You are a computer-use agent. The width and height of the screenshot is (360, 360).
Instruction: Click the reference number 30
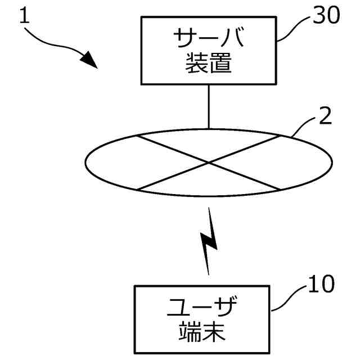[327, 16]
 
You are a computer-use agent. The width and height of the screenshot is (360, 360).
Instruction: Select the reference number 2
[326, 117]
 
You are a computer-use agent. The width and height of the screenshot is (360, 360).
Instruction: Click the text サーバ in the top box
[209, 40]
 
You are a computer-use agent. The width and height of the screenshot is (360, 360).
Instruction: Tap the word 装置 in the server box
[209, 65]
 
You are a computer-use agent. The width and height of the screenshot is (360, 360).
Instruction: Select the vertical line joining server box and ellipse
[209, 107]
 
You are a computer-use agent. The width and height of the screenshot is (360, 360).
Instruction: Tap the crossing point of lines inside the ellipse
[209, 163]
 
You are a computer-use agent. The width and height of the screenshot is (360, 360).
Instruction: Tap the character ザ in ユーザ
[225, 308]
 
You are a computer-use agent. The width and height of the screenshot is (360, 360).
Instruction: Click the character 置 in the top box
[220, 65]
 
